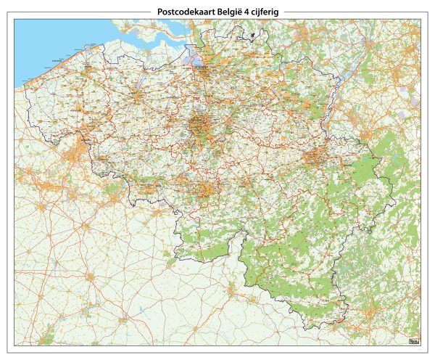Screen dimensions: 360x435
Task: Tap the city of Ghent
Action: (x=136, y=93)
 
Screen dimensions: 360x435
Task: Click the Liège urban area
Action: (x=316, y=156)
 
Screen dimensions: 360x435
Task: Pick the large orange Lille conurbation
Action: (x=75, y=155)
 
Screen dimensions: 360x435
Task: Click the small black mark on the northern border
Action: (x=252, y=33)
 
